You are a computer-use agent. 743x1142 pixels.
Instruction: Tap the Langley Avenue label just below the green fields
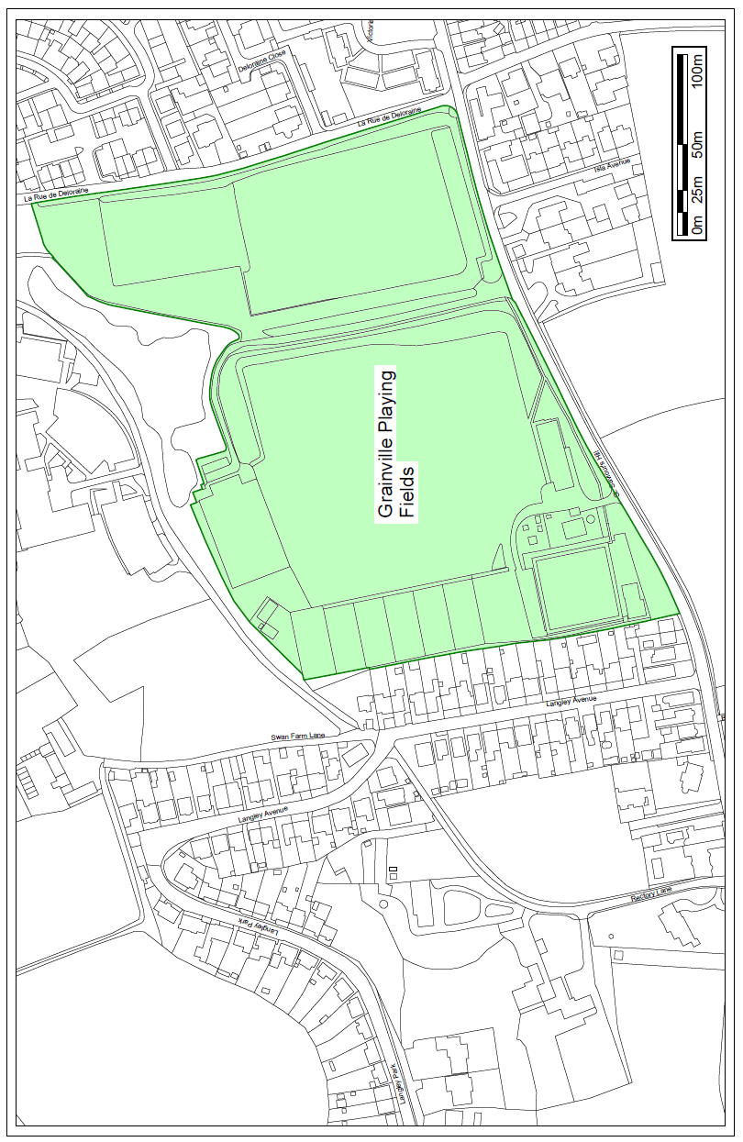571,702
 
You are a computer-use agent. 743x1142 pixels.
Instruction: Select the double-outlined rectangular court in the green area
574,588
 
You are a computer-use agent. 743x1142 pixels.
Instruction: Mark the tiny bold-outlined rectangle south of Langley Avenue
394,868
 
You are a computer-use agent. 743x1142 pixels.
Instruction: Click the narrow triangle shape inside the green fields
498,556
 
